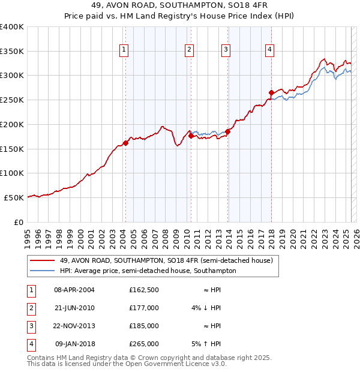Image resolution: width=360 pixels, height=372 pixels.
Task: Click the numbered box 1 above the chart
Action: click(124, 50)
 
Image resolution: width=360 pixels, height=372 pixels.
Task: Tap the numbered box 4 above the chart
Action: click(270, 50)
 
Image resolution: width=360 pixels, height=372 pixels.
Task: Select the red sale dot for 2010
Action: click(191, 136)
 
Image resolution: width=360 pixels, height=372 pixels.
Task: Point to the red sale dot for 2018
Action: click(271, 92)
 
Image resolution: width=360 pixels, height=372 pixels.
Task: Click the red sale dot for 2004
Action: click(125, 143)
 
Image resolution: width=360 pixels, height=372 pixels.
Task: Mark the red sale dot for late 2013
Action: click(228, 131)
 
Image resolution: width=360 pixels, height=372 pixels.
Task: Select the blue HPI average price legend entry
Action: click(148, 271)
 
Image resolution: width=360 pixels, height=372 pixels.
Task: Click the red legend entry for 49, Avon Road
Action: click(166, 260)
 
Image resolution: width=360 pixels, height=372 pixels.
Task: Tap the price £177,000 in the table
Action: click(143, 307)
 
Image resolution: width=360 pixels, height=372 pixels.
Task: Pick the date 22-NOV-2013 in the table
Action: click(74, 326)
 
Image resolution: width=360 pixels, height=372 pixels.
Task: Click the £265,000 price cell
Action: click(143, 344)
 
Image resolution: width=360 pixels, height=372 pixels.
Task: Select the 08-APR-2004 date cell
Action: click(74, 289)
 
